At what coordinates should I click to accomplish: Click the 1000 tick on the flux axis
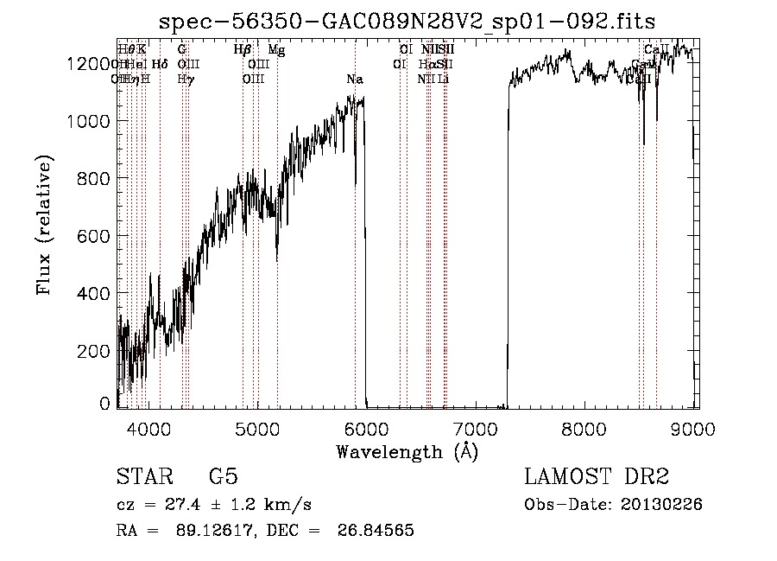[92, 121]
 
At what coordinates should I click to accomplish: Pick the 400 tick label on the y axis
[98, 294]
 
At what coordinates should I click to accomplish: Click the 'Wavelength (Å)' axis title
[407, 450]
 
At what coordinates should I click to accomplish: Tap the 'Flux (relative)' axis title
[44, 225]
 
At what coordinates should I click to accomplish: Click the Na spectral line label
[354, 80]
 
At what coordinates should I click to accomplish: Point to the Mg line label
[276, 50]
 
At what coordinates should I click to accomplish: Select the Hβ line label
[243, 50]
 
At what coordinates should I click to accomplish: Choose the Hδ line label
[160, 64]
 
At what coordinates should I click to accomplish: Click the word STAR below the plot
[139, 478]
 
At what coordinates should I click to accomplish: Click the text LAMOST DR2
[597, 478]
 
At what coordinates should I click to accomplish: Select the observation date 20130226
[666, 505]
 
